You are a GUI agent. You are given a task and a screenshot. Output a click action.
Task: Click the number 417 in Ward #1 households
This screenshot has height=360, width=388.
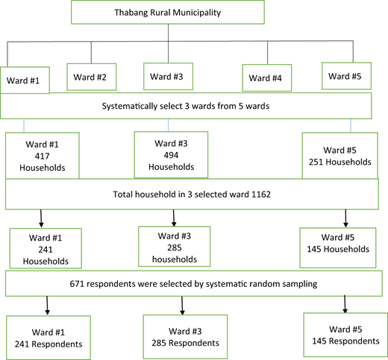tap(42, 156)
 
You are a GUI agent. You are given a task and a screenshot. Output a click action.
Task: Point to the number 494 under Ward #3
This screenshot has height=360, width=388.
tap(171, 155)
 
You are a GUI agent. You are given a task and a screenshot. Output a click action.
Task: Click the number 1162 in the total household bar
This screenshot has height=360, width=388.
tap(261, 194)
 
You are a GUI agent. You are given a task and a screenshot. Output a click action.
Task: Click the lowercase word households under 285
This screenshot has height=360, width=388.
tap(175, 259)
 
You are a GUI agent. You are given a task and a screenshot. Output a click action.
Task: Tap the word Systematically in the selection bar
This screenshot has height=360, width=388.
tap(130, 107)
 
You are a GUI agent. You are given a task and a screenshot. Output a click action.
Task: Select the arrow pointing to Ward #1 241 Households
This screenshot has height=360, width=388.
tap(41, 218)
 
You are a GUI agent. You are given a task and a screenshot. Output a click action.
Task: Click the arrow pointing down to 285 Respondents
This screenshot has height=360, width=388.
tap(182, 306)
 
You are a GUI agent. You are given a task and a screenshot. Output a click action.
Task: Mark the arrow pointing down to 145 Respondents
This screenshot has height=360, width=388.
tap(345, 304)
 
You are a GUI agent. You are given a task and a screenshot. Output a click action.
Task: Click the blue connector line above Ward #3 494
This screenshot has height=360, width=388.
tap(169, 125)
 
